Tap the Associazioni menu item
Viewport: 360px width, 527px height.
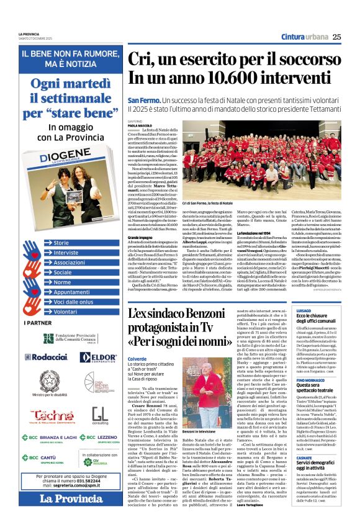point(70,263)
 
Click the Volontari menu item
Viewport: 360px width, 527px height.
point(65,312)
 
